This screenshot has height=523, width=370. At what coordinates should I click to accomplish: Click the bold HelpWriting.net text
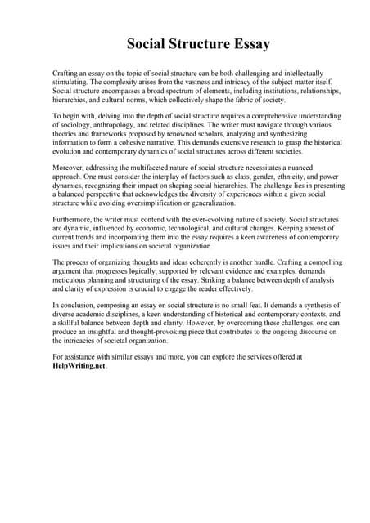[79, 366]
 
